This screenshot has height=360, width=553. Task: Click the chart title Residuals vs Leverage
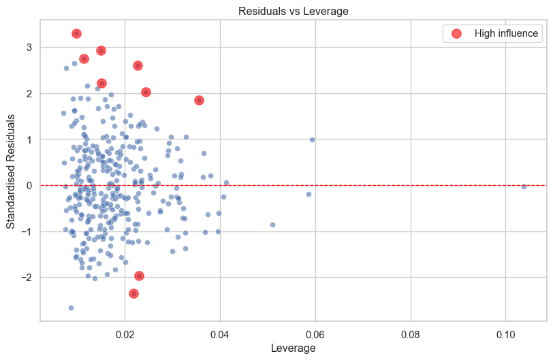(x=293, y=11)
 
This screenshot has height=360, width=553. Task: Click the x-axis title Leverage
(x=293, y=348)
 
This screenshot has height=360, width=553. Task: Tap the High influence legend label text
(x=506, y=33)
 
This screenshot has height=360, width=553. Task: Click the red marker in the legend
(x=456, y=33)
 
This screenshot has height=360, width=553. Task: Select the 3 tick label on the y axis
(x=29, y=47)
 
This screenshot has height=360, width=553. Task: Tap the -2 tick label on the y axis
(x=27, y=278)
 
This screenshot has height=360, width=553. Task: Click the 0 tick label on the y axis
(x=29, y=185)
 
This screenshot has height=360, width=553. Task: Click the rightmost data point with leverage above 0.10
(x=524, y=186)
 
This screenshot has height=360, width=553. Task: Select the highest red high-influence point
(x=76, y=33)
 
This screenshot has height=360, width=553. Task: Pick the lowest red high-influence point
(x=133, y=293)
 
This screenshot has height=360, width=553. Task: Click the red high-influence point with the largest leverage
(x=199, y=100)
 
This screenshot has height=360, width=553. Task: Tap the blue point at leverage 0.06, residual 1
(x=312, y=140)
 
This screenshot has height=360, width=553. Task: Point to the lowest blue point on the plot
(x=71, y=308)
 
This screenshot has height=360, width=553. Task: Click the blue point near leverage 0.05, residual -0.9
(x=272, y=225)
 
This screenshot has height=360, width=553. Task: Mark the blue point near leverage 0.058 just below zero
(x=309, y=194)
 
